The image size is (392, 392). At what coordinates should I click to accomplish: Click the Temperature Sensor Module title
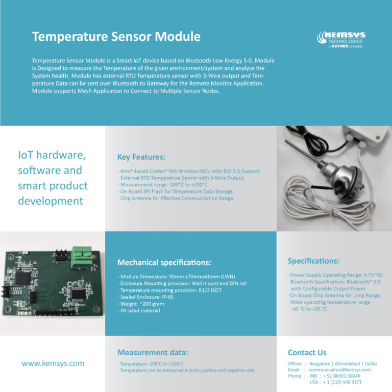(116, 37)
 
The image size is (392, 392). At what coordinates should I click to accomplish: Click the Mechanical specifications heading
(164, 263)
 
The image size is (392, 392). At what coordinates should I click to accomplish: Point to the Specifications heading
(313, 261)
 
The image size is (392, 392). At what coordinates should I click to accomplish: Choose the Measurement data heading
(153, 352)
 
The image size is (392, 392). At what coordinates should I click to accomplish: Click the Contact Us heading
(307, 353)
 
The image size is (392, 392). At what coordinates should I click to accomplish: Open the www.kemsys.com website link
(53, 363)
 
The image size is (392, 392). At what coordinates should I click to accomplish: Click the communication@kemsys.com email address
(339, 370)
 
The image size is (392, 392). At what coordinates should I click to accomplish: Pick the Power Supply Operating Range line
(334, 275)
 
